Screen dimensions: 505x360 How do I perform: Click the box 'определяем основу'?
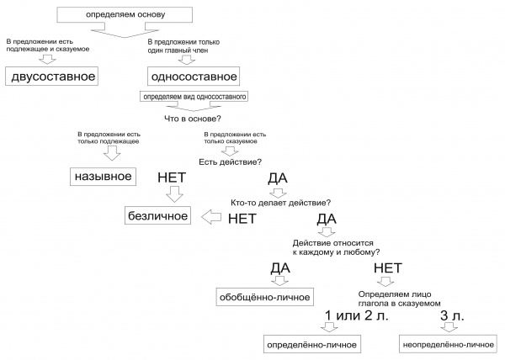coord(125,15)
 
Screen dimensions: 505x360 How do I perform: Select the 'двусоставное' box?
coord(51,77)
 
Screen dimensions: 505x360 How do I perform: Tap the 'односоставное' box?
coord(194,77)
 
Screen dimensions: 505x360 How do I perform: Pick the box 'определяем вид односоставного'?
coord(194,97)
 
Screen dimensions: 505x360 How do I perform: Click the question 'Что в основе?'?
coord(193,119)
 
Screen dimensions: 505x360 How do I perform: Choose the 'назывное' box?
coord(103,177)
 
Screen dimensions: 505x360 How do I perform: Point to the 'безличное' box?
coord(157,215)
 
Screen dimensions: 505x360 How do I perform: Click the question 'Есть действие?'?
coord(231,161)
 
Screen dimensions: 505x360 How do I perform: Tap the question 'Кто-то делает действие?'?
coord(280,203)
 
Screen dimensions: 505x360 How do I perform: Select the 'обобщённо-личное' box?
coord(265,297)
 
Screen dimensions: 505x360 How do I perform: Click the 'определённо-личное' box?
coord(311,344)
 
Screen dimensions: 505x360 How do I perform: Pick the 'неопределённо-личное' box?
coord(448,344)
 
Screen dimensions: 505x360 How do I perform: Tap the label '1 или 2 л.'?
coord(357,315)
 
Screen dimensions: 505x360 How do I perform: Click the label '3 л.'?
coord(452,315)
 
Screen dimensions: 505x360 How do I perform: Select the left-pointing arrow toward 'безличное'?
coord(211,217)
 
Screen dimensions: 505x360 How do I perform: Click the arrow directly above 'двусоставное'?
coord(47,59)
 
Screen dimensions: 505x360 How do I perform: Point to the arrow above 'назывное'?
coord(112,153)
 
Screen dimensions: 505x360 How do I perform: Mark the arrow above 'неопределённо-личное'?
coord(449,327)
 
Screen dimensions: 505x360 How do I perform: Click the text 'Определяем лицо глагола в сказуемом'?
coord(399,299)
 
